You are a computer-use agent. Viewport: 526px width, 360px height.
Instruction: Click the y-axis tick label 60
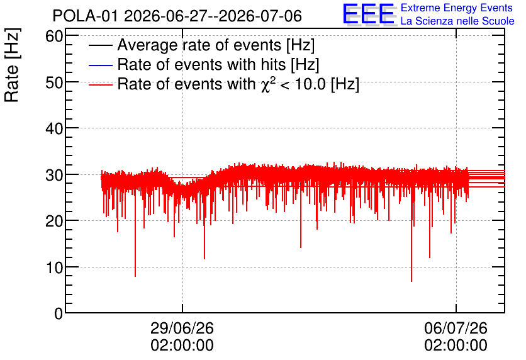pyautogui.click(x=54, y=36)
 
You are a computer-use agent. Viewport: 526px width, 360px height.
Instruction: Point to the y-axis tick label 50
pyautogui.click(x=54, y=82)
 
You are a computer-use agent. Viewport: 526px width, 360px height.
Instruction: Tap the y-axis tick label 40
pyautogui.click(x=54, y=128)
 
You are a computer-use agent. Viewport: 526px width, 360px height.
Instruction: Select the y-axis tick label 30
pyautogui.click(x=54, y=175)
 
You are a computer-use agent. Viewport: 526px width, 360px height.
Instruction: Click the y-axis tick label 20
pyautogui.click(x=54, y=221)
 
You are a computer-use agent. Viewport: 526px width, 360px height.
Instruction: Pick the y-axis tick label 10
pyautogui.click(x=54, y=267)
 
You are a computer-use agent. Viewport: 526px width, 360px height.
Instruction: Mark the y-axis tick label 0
pyautogui.click(x=59, y=313)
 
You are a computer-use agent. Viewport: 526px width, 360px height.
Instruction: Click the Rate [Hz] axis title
pyautogui.click(x=12, y=65)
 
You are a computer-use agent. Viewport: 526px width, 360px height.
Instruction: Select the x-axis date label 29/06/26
pyautogui.click(x=182, y=328)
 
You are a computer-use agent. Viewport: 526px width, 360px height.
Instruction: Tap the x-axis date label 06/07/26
pyautogui.click(x=456, y=328)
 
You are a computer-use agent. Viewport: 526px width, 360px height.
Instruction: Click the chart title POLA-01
pyautogui.click(x=85, y=16)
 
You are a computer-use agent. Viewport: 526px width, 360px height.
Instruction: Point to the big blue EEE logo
pyautogui.click(x=369, y=14)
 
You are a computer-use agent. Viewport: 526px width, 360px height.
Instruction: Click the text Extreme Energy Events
pyautogui.click(x=457, y=8)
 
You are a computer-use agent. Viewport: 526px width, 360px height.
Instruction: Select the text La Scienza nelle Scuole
pyautogui.click(x=457, y=21)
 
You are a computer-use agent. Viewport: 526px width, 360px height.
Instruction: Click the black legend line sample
pyautogui.click(x=100, y=45)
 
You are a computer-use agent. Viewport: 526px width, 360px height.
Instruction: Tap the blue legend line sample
pyautogui.click(x=100, y=65)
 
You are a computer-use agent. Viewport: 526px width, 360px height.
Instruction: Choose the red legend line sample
pyautogui.click(x=100, y=85)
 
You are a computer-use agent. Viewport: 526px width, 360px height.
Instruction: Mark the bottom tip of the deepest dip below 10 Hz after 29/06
pyautogui.click(x=411, y=281)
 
